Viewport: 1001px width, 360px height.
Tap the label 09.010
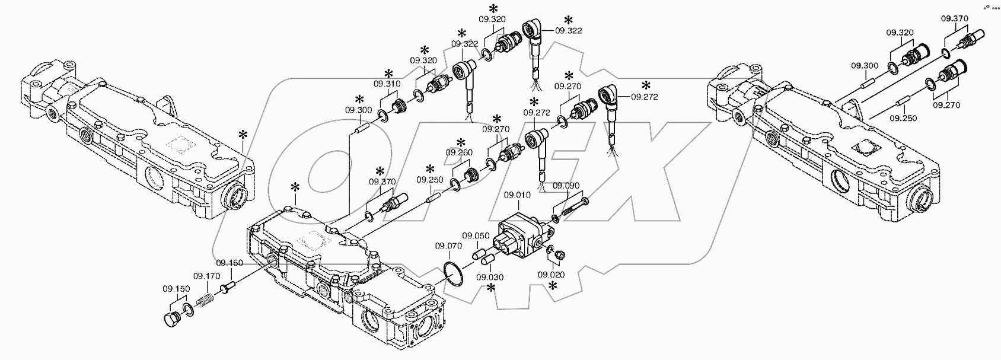pos(514,195)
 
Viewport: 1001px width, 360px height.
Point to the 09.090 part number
pos(566,186)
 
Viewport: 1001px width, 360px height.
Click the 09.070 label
pos(448,246)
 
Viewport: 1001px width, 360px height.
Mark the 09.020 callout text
pos(551,275)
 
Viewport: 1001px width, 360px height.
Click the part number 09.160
pos(229,263)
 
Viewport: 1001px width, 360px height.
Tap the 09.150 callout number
pos(176,289)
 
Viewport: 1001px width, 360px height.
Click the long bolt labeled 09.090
pos(573,208)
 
